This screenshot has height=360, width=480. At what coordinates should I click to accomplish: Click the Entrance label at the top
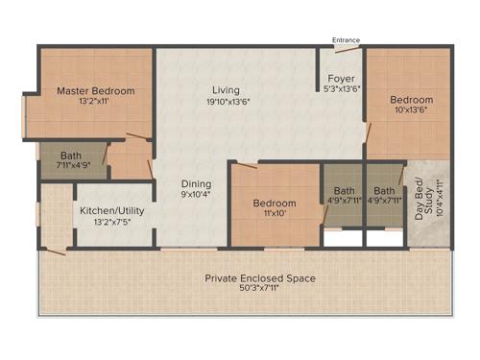[x=346, y=40]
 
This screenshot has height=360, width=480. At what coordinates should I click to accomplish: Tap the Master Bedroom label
[x=95, y=91]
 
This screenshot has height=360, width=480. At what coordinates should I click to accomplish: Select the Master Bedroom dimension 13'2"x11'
[x=95, y=103]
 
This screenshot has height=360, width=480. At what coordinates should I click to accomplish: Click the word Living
[x=226, y=90]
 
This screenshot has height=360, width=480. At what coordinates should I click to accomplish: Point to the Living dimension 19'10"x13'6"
[x=226, y=102]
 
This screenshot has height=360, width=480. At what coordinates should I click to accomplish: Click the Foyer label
[x=343, y=79]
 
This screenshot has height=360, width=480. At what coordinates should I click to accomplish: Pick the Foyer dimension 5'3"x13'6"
[x=343, y=90]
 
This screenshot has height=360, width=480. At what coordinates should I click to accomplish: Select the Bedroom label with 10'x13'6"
[x=411, y=99]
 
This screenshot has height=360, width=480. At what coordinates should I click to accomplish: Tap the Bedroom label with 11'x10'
[x=274, y=204]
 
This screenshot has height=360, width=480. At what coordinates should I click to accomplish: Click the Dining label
[x=196, y=183]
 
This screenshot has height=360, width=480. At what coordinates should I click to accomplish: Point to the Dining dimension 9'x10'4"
[x=196, y=195]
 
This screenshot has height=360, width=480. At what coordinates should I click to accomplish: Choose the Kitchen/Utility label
[x=110, y=209]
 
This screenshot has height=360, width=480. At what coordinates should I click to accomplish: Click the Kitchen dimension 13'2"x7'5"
[x=110, y=221]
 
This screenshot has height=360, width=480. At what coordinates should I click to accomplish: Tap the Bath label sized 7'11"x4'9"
[x=70, y=155]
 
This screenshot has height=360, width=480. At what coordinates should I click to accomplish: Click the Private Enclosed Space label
[x=260, y=278]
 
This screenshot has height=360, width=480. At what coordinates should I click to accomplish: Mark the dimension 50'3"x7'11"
[x=260, y=289]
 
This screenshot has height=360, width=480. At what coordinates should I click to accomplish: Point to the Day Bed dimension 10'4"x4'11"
[x=439, y=198]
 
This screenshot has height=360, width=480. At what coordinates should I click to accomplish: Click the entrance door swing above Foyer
[x=333, y=50]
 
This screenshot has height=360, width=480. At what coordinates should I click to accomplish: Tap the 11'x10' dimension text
[x=274, y=215]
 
